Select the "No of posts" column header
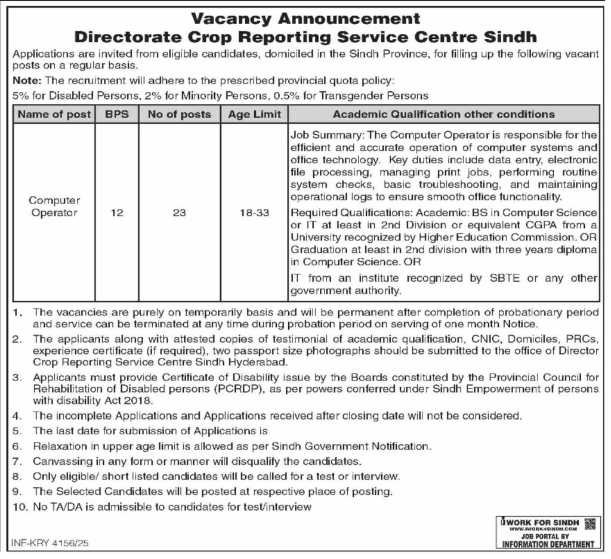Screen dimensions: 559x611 click(x=179, y=114)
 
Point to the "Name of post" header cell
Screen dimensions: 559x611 click(x=54, y=114)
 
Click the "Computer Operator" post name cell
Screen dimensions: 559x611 click(x=54, y=206)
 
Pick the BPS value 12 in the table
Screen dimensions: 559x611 click(x=116, y=212)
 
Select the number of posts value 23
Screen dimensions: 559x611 click(x=179, y=212)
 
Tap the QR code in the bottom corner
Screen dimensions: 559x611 click(x=590, y=524)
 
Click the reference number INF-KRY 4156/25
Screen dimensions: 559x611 click(x=50, y=543)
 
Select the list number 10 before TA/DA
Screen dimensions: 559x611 click(x=18, y=507)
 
